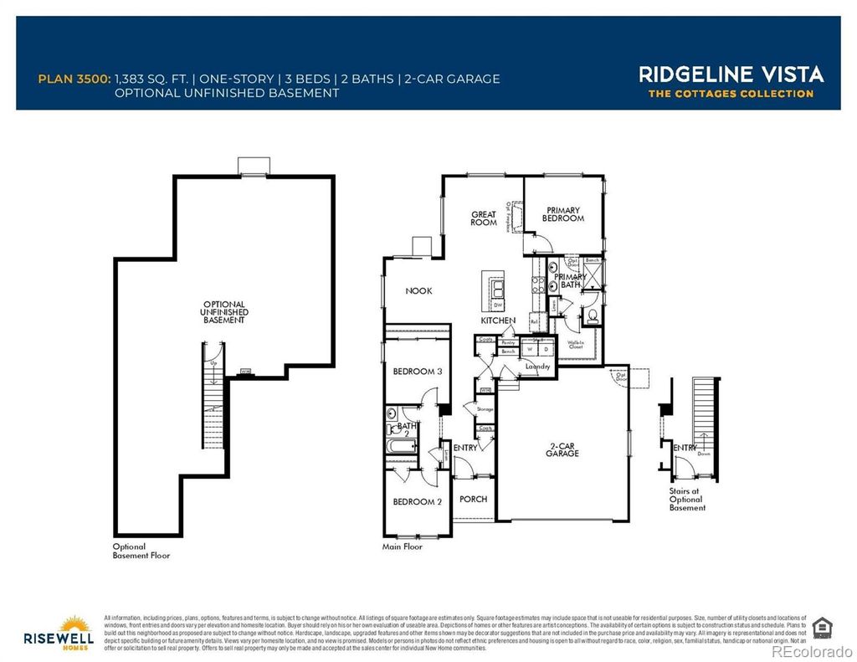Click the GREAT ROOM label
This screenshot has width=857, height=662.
point(483,218)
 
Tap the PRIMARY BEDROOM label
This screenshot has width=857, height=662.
point(562,214)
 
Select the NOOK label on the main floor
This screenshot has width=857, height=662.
point(418,291)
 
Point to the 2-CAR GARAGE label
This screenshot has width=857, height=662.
point(562,449)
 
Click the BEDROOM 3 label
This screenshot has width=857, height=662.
point(418,372)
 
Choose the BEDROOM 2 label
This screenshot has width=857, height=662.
point(418,502)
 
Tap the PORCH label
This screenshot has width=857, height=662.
point(473,500)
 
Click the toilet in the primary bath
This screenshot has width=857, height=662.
point(593,316)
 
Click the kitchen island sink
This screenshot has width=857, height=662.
point(498,289)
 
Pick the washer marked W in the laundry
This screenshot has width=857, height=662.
point(531,349)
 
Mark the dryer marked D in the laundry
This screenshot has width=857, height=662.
point(546,349)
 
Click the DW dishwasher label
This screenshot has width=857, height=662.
point(498,305)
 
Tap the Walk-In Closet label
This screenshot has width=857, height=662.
point(576,344)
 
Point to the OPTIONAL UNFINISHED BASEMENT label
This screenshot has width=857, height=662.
point(224,312)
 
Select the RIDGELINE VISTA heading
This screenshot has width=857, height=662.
point(731,74)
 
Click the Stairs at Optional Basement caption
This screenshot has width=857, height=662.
point(686,500)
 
